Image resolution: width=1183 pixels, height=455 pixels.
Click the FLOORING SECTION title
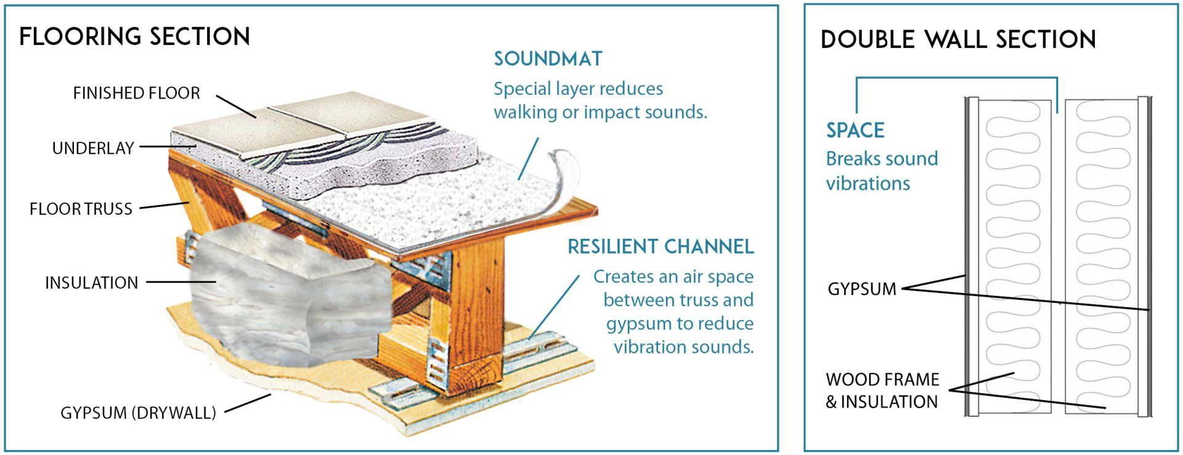[x=134, y=37]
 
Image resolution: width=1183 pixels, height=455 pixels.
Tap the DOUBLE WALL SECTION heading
[x=958, y=39]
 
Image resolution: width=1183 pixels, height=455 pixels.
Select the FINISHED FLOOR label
[x=137, y=93]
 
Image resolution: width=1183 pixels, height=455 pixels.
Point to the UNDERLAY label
[x=93, y=148]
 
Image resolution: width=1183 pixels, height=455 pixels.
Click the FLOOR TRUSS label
[x=81, y=209]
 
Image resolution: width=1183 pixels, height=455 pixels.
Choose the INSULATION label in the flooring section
[x=92, y=283]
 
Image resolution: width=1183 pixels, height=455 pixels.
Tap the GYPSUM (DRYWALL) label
[x=138, y=413]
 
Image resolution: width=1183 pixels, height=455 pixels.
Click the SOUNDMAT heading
[x=548, y=58]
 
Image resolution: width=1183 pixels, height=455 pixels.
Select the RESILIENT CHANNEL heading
[x=661, y=246]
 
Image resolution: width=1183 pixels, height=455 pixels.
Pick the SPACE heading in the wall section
[x=855, y=130]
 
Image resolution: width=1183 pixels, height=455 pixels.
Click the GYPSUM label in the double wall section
[x=862, y=288]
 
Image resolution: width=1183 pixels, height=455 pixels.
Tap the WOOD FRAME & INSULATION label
[x=882, y=390]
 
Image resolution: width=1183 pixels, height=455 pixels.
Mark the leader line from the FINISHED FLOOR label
[x=236, y=106]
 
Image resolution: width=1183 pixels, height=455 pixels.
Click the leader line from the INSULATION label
[x=181, y=282]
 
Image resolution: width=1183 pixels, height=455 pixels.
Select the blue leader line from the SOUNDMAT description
[x=528, y=159]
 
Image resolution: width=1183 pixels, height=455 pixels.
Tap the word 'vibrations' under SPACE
[x=868, y=183]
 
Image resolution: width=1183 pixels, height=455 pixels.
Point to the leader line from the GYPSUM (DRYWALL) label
[x=248, y=403]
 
